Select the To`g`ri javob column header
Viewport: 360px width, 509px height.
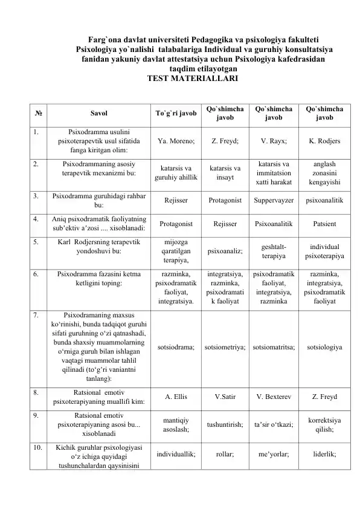(176, 113)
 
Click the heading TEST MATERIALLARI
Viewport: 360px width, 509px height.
(188, 79)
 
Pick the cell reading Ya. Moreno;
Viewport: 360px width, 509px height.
(176, 141)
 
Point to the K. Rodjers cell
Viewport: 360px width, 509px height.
(324, 141)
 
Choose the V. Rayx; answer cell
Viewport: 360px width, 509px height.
(274, 141)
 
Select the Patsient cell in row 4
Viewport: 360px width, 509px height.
(324, 223)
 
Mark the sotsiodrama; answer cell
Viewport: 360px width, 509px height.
(176, 348)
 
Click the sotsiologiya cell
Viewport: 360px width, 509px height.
(324, 348)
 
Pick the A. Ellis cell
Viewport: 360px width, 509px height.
(176, 397)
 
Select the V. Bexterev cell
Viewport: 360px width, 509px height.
(274, 397)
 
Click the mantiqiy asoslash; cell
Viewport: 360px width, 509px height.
(176, 425)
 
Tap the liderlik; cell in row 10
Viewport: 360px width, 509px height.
(324, 455)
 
